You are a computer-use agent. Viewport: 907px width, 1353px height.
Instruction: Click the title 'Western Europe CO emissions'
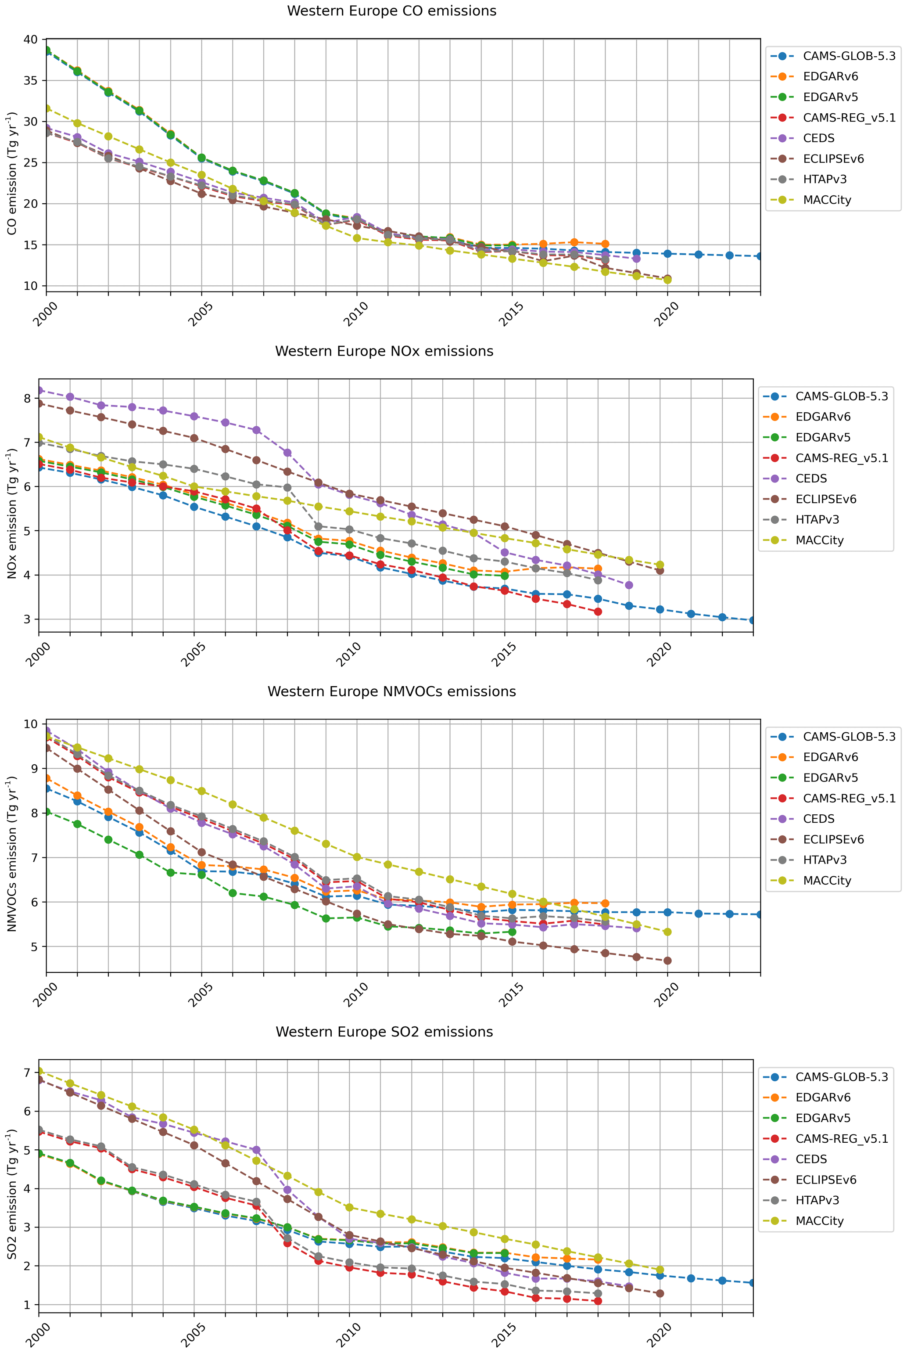coord(391,11)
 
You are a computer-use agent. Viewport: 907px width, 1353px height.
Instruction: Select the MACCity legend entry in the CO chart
coord(827,200)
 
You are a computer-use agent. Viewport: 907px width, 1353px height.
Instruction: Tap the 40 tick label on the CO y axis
coord(31,40)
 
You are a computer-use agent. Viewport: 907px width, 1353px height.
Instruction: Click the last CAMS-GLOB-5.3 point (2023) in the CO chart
coord(760,256)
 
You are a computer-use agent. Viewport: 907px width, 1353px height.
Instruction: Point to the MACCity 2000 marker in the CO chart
coord(47,108)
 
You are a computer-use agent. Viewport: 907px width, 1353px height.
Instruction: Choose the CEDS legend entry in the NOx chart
coord(811,479)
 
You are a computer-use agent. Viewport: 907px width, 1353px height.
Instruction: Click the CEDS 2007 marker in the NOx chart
coord(256,430)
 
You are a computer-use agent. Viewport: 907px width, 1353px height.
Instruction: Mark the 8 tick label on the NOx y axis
coord(27,398)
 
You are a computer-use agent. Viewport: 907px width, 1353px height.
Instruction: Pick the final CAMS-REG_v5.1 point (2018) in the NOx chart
coord(598,612)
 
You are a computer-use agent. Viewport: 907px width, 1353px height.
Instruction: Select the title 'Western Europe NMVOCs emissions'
coord(391,691)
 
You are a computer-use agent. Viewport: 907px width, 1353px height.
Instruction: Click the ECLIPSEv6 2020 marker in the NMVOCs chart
coord(667,961)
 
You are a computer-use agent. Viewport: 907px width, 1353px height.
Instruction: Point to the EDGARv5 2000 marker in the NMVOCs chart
coord(47,812)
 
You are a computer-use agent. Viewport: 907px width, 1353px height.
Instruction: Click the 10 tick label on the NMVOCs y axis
coord(31,724)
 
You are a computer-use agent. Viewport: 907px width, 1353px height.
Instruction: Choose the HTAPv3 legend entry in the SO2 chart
coord(817,1200)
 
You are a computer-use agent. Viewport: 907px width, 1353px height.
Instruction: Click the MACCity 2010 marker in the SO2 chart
coord(349,1207)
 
